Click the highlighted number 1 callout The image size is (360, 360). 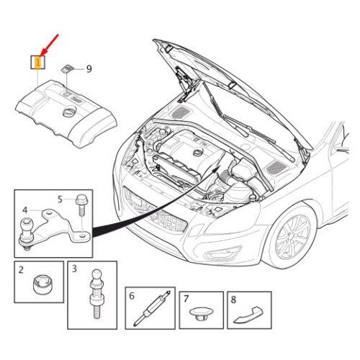click(38, 63)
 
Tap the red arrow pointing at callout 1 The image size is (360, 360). click(50, 45)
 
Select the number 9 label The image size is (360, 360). click(89, 69)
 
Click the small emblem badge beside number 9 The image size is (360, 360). click(66, 68)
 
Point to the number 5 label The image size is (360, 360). click(60, 199)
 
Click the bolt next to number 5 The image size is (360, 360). click(81, 205)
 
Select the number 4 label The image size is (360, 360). click(24, 210)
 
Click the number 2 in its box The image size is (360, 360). click(21, 270)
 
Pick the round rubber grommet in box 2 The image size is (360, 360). click(42, 284)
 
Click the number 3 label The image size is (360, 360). click(74, 269)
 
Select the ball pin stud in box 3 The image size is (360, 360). click(96, 294)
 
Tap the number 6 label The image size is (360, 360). click(132, 296)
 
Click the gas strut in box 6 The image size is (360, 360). click(152, 309)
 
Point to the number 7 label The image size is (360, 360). click(186, 299)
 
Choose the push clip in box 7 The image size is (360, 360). click(201, 314)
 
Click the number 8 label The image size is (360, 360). click(233, 300)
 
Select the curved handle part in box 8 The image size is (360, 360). click(248, 315)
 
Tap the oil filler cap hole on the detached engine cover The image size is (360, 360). click(69, 112)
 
